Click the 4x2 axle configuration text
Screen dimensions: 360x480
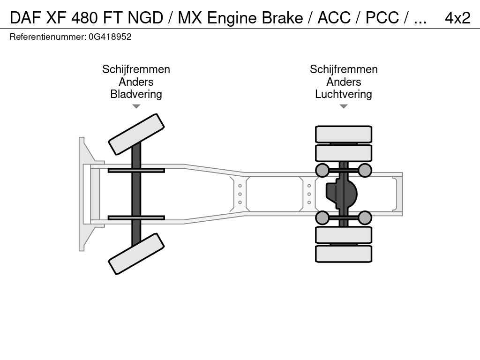click(457, 17)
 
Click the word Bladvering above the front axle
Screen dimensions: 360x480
click(136, 94)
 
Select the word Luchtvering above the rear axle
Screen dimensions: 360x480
click(344, 94)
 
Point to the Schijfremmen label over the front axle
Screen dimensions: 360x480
click(136, 69)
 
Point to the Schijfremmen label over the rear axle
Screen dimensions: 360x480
click(344, 69)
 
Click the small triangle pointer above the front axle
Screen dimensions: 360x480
click(136, 106)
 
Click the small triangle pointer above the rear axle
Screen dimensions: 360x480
click(344, 106)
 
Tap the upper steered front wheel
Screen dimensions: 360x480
click(136, 134)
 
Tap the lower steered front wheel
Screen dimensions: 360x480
click(136, 254)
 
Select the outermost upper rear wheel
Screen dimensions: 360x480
click(344, 134)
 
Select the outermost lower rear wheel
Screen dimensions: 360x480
click(344, 254)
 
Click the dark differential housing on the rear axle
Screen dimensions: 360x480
click(342, 194)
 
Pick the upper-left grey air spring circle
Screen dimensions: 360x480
click(322, 170)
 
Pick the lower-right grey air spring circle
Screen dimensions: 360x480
click(365, 217)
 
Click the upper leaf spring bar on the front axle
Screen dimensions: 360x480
click(136, 170)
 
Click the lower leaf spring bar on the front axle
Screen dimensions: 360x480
click(136, 217)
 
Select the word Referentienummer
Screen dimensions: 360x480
click(47, 37)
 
